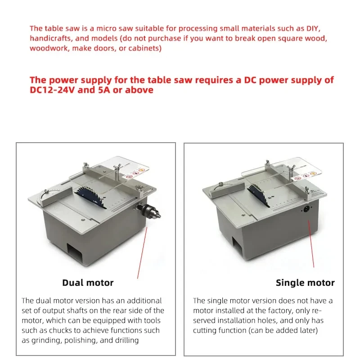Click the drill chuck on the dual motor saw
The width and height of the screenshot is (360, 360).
(x=148, y=211)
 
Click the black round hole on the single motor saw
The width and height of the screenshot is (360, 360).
(x=306, y=209)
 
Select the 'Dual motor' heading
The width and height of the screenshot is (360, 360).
(x=88, y=283)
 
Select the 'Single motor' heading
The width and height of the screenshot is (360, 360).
(x=305, y=283)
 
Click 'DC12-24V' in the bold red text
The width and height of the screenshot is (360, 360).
(x=52, y=90)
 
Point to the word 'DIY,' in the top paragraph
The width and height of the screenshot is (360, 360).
(x=313, y=28)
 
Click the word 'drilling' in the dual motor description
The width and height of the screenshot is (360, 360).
(x=127, y=340)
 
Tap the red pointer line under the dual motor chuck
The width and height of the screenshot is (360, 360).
(x=142, y=253)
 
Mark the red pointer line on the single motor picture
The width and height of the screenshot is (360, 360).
(x=311, y=243)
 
